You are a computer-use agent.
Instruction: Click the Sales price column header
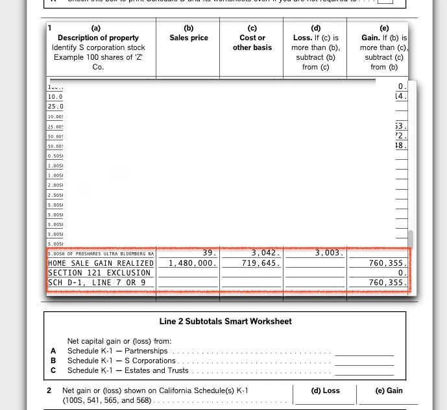click(x=189, y=38)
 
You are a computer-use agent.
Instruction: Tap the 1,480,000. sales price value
click(x=193, y=263)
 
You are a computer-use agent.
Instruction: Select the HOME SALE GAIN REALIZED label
click(x=101, y=263)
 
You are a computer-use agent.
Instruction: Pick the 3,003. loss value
click(x=329, y=253)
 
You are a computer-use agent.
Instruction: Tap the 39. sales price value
click(x=209, y=253)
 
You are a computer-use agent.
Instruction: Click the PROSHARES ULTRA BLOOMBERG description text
click(x=101, y=253)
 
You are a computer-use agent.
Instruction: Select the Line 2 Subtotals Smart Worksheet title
click(x=225, y=321)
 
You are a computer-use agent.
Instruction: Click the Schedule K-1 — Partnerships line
click(x=117, y=351)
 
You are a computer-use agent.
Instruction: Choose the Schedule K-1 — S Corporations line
click(x=121, y=361)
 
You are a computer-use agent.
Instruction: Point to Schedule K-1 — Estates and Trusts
click(x=128, y=370)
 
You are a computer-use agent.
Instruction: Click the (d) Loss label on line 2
click(x=326, y=391)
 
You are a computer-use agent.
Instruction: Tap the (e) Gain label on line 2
click(x=389, y=391)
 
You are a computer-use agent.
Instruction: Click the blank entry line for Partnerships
click(x=364, y=352)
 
